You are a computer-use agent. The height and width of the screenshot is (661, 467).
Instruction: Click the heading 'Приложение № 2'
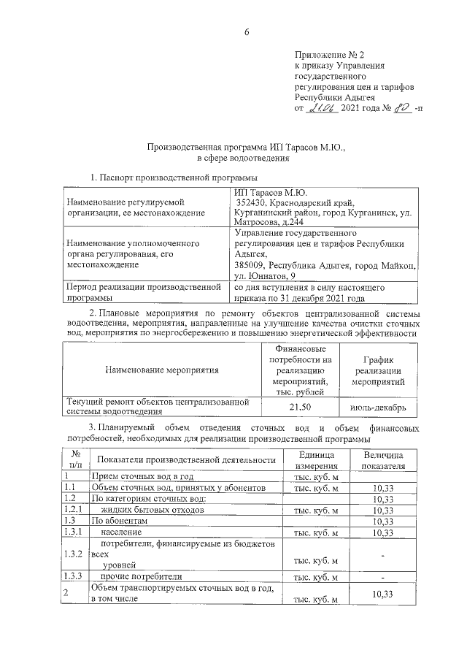point(327,54)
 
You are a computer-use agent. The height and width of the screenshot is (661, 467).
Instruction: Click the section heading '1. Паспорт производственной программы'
point(173,177)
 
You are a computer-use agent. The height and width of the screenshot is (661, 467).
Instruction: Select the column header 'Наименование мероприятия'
point(162,370)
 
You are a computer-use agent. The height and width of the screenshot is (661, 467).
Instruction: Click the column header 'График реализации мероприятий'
point(378,370)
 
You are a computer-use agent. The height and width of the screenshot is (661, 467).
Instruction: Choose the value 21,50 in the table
point(301,406)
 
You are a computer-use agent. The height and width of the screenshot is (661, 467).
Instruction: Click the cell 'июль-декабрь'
point(378,406)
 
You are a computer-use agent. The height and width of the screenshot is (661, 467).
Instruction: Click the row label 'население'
point(124,533)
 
